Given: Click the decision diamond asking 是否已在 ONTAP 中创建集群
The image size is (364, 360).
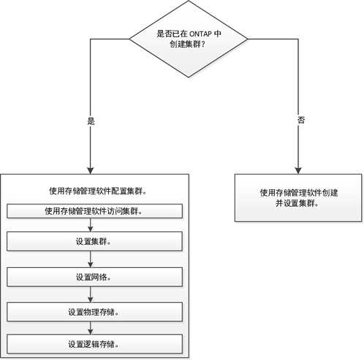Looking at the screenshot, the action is [189, 39].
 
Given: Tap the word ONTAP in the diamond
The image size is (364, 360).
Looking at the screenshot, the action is [200, 34].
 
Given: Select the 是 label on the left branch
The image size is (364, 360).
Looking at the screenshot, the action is [91, 121].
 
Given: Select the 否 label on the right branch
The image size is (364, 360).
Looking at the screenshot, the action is [301, 120].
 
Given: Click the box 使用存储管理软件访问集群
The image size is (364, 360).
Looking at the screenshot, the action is [94, 211].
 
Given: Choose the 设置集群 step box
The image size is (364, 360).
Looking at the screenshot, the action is [94, 241].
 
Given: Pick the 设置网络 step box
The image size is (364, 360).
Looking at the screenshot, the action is [94, 277].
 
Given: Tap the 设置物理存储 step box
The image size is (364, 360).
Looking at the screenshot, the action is [94, 312].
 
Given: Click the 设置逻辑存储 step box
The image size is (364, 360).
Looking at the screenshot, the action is [94, 344].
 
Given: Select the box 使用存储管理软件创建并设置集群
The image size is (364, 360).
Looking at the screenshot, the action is [298, 198].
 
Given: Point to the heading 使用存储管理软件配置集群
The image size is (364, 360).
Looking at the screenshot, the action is [98, 191].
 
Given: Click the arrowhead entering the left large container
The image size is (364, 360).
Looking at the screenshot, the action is [91, 170].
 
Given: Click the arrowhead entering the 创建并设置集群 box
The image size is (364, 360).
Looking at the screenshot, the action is [298, 170].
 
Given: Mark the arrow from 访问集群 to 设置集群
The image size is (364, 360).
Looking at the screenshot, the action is [91, 225].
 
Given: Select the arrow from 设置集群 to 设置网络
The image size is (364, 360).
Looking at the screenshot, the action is [91, 259].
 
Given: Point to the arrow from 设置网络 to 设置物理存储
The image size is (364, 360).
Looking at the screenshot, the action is [91, 294].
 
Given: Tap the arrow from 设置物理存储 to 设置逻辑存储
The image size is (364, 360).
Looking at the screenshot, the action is [91, 328].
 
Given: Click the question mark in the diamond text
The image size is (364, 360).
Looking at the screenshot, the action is [202, 45].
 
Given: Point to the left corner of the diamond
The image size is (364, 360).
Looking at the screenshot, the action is [129, 39].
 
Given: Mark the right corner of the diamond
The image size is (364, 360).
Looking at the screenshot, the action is [248, 39].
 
